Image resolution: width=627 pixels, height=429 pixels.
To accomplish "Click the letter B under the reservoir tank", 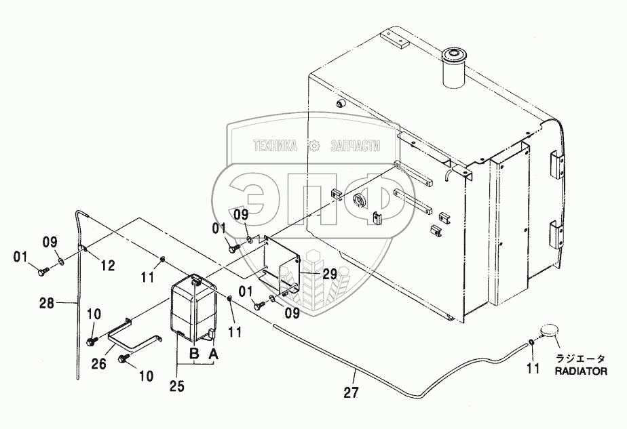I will tap(193, 352).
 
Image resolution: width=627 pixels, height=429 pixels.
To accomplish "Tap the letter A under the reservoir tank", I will tap(214, 352).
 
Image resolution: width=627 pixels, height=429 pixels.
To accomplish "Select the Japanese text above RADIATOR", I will tap(581, 359).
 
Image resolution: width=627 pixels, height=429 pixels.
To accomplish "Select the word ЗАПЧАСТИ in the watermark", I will tap(356, 145).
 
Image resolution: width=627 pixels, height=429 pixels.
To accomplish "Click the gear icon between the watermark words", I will tap(314, 145).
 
